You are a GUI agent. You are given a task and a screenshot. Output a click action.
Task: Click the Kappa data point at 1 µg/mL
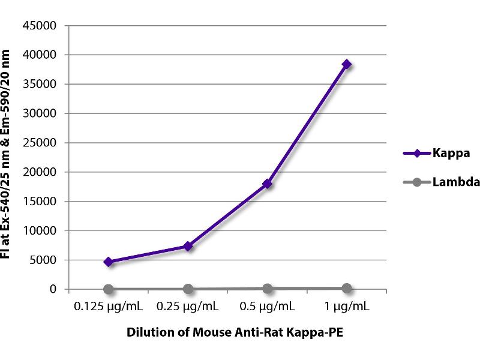click(x=346, y=64)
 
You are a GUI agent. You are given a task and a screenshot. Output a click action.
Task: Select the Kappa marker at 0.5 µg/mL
click(x=267, y=184)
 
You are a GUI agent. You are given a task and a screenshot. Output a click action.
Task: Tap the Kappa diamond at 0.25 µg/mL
click(x=188, y=246)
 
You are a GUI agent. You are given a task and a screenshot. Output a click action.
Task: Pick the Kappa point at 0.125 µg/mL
click(x=109, y=262)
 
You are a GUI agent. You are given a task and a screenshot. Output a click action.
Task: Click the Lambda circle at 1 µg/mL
click(x=346, y=288)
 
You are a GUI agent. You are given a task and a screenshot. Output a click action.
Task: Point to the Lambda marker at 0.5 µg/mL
click(x=267, y=288)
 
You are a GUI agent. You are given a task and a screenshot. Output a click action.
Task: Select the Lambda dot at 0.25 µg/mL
click(x=188, y=289)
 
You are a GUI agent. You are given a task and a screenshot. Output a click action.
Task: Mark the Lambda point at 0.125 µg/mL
click(x=109, y=289)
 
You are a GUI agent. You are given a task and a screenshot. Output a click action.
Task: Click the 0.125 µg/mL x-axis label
click(x=109, y=307)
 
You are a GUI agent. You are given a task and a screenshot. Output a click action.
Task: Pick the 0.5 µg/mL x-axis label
click(x=267, y=307)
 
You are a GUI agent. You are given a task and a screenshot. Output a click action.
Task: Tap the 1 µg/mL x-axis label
click(x=346, y=307)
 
